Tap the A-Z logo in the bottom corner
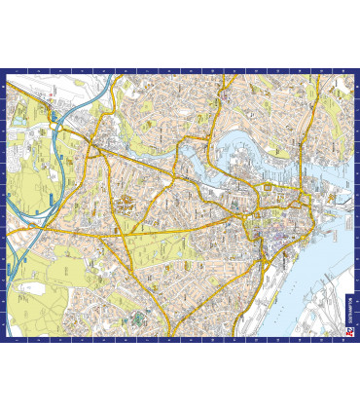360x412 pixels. point(347,332)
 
